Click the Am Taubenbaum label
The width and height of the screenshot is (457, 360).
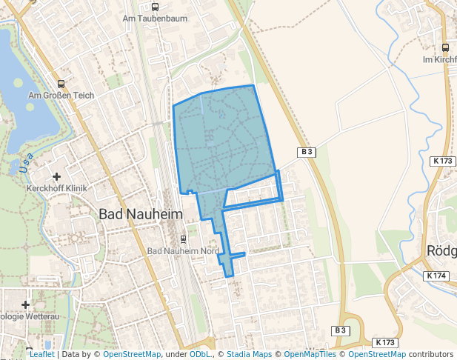tap(155, 19)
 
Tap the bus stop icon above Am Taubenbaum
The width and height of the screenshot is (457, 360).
tap(156, 7)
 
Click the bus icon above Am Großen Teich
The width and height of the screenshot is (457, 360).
tap(60, 84)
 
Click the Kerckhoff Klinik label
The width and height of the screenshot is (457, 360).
tap(57, 188)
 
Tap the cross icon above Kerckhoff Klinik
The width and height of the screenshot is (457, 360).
tap(57, 176)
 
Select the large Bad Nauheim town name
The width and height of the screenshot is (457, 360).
tap(140, 214)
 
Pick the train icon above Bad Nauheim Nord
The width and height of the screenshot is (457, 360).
tap(183, 239)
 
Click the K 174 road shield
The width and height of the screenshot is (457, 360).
tap(438, 276)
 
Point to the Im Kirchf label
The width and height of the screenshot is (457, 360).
tap(438, 59)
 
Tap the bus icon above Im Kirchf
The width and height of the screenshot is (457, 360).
tap(445, 47)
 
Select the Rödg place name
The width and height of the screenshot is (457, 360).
tap(441, 250)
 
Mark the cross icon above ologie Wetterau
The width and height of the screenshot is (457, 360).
tap(26, 304)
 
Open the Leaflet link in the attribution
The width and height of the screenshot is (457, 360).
tap(41, 355)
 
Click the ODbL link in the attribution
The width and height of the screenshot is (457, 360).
tap(200, 355)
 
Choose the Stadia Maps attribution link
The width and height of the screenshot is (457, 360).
tap(248, 355)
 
